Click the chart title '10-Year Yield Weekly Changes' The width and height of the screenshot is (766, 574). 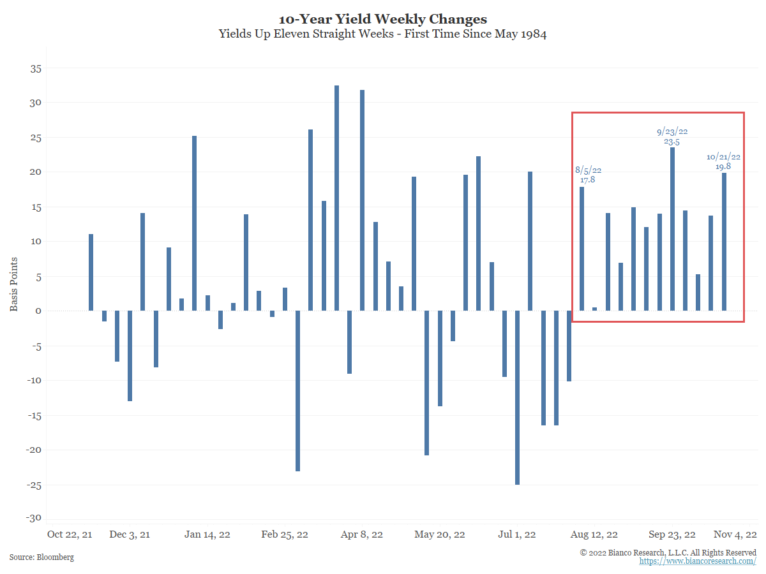point(382,19)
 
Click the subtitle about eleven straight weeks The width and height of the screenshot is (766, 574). point(382,34)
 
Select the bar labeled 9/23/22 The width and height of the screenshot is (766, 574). point(672,229)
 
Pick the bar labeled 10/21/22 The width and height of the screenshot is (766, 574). point(724,242)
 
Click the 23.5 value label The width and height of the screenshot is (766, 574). point(672,142)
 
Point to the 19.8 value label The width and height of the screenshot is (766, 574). point(723,166)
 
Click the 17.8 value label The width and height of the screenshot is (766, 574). point(587,180)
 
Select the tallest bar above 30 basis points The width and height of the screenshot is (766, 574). point(336,198)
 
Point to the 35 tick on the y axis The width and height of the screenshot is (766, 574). point(33,68)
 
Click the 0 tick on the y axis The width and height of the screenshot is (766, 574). point(37,311)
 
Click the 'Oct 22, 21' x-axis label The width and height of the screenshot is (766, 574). point(70,534)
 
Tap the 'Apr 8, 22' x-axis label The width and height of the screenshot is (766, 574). point(362,534)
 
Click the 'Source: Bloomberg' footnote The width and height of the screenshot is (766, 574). point(41,557)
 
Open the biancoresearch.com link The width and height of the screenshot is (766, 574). point(698,561)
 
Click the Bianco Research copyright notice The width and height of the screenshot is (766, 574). point(668,552)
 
